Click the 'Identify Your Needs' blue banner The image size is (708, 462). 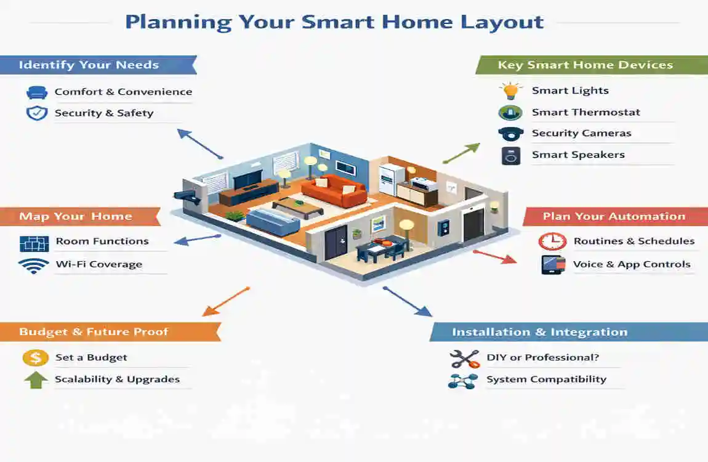(x=89, y=65)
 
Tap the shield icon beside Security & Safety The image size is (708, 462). (x=37, y=113)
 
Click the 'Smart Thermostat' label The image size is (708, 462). (x=586, y=112)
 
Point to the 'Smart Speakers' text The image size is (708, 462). (x=578, y=155)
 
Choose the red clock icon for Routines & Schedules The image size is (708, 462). (x=552, y=241)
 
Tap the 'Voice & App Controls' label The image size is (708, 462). (x=632, y=264)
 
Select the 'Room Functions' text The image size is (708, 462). (x=102, y=241)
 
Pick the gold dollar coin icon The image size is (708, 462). (x=36, y=358)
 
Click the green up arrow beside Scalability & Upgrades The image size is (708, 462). (x=36, y=379)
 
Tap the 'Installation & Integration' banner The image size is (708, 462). (x=539, y=332)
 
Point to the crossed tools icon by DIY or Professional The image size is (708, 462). (x=464, y=358)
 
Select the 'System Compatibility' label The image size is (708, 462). (x=546, y=379)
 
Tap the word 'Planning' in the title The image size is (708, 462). (x=178, y=23)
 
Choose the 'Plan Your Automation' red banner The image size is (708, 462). (x=613, y=216)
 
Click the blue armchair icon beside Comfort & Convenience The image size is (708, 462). (x=37, y=92)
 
